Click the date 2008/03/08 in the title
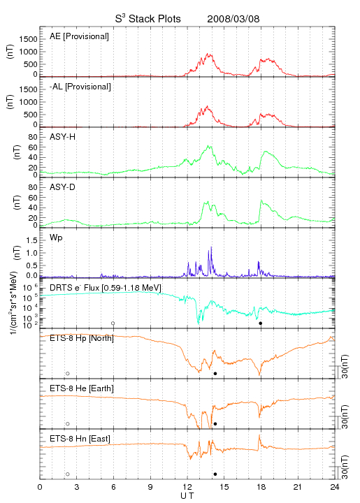233,19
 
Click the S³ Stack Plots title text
148,18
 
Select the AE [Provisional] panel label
79,36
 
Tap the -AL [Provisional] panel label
80,87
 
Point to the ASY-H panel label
63,137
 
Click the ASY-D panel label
63,187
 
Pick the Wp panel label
56,238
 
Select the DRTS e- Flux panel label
106,288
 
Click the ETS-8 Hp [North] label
82,338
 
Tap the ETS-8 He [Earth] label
82,388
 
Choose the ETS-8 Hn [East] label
80,439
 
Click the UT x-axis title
187,496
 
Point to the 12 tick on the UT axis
187,487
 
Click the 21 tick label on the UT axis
298,487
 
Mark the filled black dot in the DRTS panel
261,323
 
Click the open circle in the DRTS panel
113,323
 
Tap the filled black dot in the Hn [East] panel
215,474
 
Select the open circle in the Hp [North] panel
68,373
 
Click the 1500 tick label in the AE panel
28,39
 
